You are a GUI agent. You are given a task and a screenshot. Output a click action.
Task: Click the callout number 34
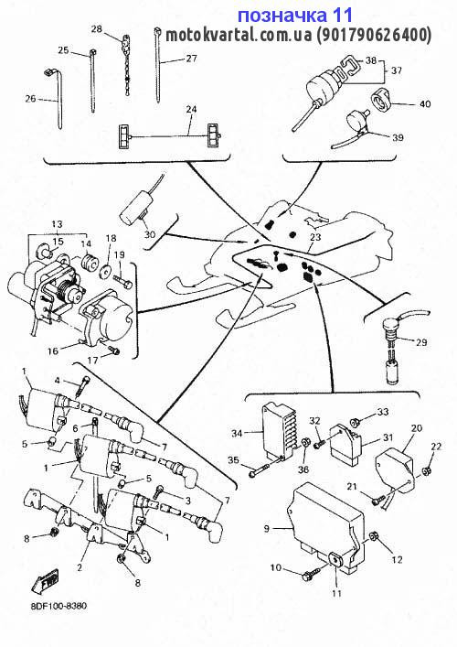coord(237,433)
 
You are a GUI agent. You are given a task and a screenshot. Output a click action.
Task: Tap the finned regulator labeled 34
coord(279,432)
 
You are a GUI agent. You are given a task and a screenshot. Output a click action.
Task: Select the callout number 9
coord(267,528)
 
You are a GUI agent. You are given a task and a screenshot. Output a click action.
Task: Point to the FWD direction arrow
coord(46,580)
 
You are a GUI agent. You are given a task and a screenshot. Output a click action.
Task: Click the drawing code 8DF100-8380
coord(58,606)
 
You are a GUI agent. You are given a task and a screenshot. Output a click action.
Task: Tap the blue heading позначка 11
coord(295,16)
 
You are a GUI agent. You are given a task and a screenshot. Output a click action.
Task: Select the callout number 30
coord(150,234)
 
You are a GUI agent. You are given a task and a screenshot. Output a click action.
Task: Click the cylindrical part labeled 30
coord(134,210)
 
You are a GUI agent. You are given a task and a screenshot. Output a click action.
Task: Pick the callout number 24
coord(191,109)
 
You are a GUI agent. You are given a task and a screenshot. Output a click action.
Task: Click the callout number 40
coord(425,103)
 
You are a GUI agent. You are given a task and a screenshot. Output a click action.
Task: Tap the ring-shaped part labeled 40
coord(381,100)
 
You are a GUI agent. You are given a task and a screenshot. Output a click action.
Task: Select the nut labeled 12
coord(373,536)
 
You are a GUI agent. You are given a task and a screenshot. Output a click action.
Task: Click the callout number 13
coord(57,224)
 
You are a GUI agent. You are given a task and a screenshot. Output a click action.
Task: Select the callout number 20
coord(417,428)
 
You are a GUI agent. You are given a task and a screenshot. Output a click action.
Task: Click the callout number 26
coord(30,99)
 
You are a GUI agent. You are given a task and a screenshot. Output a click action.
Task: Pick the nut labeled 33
coord(354,422)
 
